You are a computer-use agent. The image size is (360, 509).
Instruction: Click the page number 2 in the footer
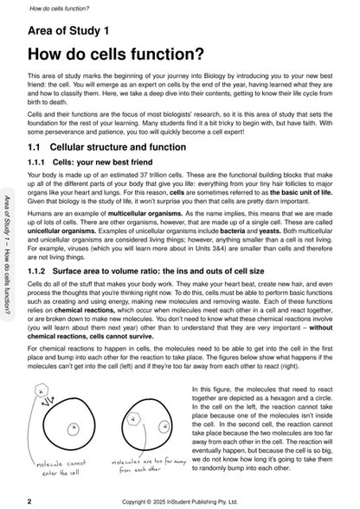point(30,500)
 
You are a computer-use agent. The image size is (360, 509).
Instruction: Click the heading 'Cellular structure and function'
point(129,147)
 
